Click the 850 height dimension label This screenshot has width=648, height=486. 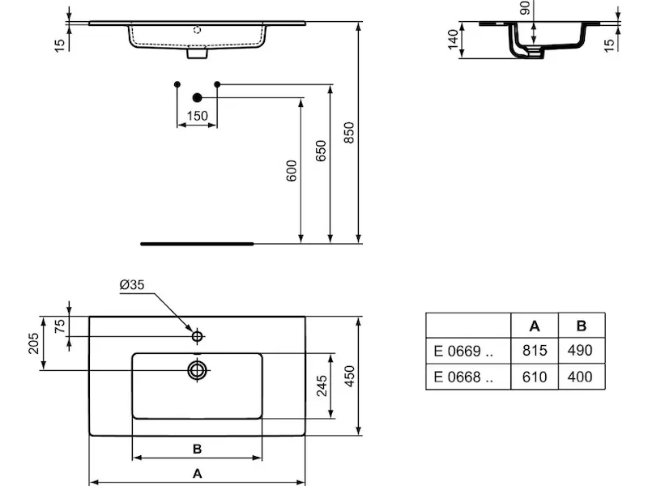click(x=349, y=133)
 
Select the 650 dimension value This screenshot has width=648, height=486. click(x=321, y=151)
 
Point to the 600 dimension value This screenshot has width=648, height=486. click(x=292, y=171)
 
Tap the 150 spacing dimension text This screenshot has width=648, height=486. click(x=197, y=116)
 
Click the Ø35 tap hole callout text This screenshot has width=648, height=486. click(x=132, y=285)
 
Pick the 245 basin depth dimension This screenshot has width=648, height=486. click(x=322, y=386)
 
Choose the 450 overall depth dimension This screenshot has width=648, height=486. click(x=349, y=376)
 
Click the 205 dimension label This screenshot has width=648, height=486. click(x=33, y=343)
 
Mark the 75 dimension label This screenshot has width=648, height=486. click(x=60, y=326)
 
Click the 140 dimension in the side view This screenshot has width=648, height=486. click(x=453, y=40)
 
